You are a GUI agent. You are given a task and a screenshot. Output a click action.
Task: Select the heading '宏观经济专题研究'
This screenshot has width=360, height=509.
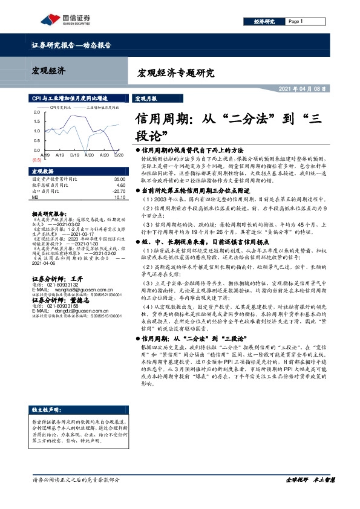tap(172, 74)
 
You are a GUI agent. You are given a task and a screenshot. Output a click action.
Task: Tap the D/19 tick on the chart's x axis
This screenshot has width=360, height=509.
tap(74, 155)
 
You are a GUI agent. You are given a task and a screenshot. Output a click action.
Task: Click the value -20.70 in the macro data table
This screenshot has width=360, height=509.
tap(118, 190)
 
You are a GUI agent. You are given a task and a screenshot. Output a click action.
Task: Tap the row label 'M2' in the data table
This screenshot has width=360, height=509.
tap(34, 196)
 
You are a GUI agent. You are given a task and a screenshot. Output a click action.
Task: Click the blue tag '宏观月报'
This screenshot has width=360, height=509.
tap(145, 98)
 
